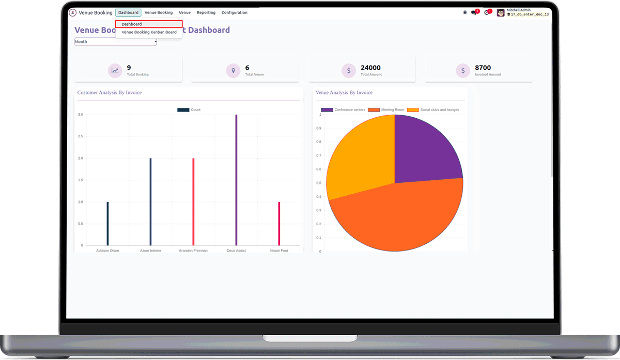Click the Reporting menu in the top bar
pos(206,12)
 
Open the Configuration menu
pos(235,12)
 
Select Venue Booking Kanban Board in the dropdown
pos(149,32)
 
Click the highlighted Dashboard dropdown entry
pos(149,24)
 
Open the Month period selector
pos(116,42)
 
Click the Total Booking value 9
pos(129,68)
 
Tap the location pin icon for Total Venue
pos(233,71)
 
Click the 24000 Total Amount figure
pos(370,68)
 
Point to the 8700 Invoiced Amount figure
pos(483,68)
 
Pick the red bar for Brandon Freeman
pos(193,201)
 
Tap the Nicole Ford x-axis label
pos(279,251)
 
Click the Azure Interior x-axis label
pos(150,251)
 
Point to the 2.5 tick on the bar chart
pos(80,136)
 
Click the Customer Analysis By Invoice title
pos(110,92)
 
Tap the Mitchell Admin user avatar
pos(501,12)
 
